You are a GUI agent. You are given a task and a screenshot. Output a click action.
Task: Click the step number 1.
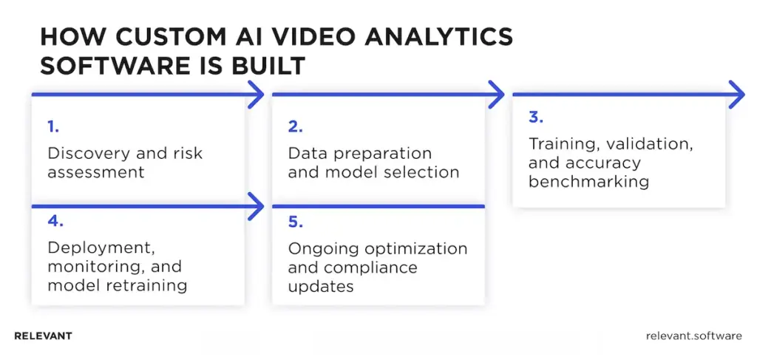point(52,127)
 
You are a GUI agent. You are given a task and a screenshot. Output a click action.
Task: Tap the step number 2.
point(295,127)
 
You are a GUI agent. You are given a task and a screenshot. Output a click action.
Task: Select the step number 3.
point(535,118)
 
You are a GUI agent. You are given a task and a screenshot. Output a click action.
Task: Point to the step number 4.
point(54,222)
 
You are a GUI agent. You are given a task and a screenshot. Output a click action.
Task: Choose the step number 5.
point(295,222)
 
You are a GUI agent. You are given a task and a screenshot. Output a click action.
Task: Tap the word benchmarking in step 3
point(588,182)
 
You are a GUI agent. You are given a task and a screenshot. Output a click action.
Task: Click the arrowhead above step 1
point(256,95)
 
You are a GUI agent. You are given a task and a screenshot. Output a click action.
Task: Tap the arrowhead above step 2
point(496,95)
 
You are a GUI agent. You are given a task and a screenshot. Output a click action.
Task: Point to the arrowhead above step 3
point(736,95)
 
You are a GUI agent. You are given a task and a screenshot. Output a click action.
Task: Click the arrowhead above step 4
point(256,206)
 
